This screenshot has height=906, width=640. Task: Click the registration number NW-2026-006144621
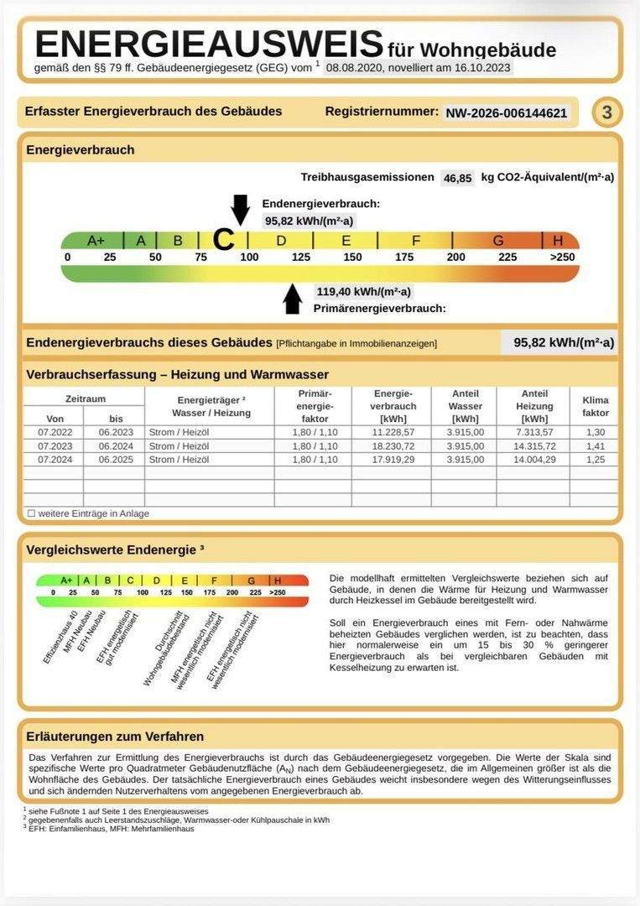(506, 112)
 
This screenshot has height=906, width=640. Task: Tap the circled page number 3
(606, 112)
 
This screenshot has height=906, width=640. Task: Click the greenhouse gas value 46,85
(458, 178)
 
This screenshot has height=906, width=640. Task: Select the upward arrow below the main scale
(293, 299)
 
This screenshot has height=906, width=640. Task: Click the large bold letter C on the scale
(223, 240)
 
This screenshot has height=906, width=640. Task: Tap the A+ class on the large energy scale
(96, 241)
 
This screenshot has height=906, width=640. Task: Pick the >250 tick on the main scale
(562, 257)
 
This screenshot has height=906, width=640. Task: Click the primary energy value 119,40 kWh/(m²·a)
(363, 292)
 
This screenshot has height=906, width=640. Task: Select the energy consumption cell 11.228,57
(390, 431)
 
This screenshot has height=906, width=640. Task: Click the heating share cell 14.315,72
(533, 445)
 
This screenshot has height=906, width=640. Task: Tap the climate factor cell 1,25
(595, 460)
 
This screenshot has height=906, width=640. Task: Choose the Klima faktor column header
(595, 407)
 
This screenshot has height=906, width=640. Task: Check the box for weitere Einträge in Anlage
(31, 513)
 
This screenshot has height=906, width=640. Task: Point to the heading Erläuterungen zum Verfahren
(116, 737)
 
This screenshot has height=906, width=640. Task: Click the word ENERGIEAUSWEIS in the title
(209, 44)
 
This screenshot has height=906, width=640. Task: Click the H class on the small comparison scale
(278, 580)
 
